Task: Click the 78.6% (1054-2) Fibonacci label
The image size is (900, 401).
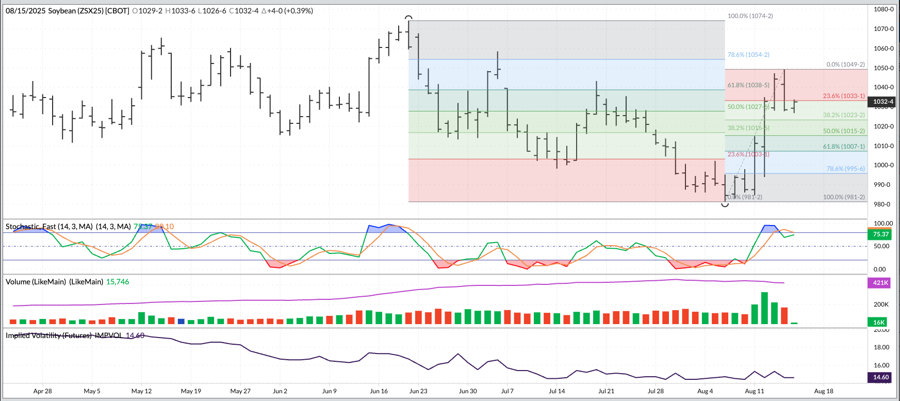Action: pos(748,55)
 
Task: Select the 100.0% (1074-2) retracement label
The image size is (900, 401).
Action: pos(750,16)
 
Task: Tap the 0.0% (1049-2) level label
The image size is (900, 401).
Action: pos(845,65)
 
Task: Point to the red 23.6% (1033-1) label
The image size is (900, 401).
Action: pos(844,96)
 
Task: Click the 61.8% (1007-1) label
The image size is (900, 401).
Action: pos(844,147)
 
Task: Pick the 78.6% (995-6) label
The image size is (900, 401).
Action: pos(845,169)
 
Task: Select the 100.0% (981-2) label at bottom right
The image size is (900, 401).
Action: pos(844,197)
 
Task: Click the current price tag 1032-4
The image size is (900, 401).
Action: pos(883,102)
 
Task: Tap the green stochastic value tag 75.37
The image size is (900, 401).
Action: pos(881,234)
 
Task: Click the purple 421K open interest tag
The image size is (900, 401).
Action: pos(880,283)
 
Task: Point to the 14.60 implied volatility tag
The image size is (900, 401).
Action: pos(881,377)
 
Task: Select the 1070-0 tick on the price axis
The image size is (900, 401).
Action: pos(883,29)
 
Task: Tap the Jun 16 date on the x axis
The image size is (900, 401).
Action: pos(379,391)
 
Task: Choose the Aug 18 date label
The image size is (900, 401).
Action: pos(823,391)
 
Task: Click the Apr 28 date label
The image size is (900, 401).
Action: pos(42,391)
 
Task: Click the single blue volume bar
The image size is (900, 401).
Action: pos(181,321)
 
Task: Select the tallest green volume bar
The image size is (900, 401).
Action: pos(764,308)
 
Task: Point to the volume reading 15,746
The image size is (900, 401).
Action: pos(118,282)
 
